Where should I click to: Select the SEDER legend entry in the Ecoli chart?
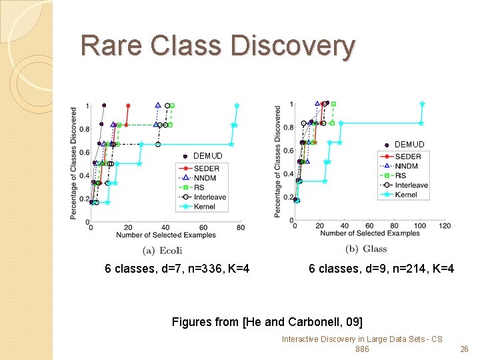pos(207,168)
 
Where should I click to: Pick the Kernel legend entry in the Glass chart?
pos(406,195)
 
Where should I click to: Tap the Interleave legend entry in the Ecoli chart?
pos(210,197)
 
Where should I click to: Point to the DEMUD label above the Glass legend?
pos(409,144)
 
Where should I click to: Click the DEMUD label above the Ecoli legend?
pos(207,156)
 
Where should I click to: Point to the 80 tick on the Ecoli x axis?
pos(240,228)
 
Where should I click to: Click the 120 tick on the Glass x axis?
pos(445,226)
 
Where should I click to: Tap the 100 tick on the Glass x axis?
pos(419,226)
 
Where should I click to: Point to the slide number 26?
pos(465,349)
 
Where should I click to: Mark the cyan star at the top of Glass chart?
pos(422,104)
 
